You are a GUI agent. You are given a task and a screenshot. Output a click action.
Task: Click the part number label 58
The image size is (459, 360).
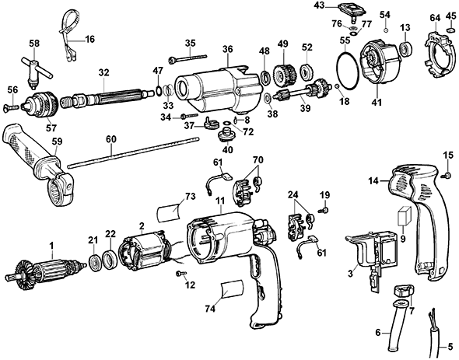[x=34, y=43]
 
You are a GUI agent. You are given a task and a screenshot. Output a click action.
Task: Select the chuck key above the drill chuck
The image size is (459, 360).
[x=34, y=66]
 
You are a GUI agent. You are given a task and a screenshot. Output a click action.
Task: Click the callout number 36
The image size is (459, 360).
[x=227, y=48]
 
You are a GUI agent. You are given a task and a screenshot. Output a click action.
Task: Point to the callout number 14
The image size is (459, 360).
[x=373, y=180]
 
